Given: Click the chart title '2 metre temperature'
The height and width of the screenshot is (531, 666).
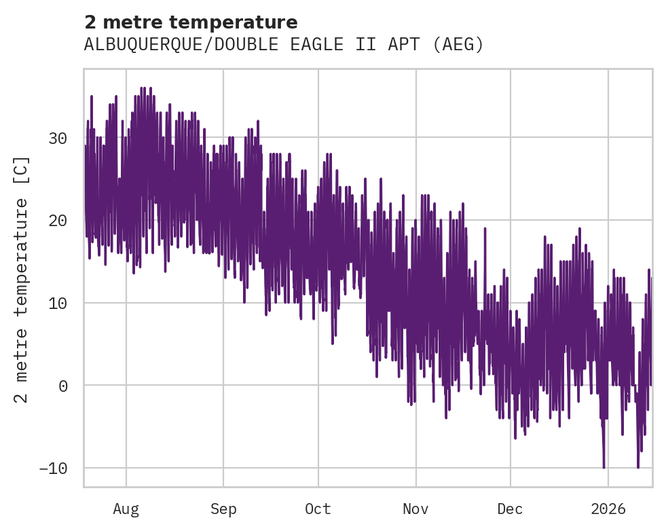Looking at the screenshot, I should (191, 22).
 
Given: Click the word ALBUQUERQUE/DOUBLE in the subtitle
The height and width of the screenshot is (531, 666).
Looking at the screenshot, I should (181, 45).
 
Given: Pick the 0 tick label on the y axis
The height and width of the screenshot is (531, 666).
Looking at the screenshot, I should (62, 386).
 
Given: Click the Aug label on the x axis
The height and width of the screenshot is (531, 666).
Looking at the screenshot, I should (126, 509).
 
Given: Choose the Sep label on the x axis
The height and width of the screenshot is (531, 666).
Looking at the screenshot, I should (223, 509).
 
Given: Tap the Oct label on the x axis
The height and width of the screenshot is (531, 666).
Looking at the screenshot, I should (318, 509).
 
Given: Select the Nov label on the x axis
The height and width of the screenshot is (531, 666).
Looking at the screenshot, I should (415, 509).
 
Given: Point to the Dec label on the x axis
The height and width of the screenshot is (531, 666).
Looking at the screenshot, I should (510, 509).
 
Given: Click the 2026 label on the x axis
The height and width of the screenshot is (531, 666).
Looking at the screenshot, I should (608, 509).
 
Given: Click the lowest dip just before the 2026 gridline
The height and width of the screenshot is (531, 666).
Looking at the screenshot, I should (604, 466).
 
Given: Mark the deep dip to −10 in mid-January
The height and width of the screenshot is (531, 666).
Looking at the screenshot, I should (637, 466).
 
